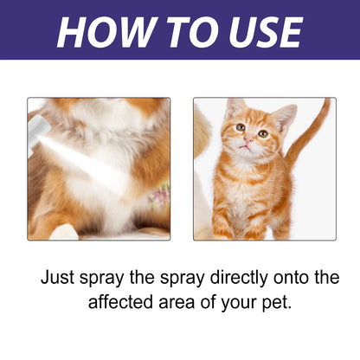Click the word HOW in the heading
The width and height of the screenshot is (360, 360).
(x=101, y=31)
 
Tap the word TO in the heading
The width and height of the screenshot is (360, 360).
(x=183, y=31)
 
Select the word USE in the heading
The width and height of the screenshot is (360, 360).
(x=258, y=31)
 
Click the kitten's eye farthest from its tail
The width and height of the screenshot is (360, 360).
(x=240, y=128)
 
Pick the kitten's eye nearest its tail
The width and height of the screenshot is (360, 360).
(x=262, y=133)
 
